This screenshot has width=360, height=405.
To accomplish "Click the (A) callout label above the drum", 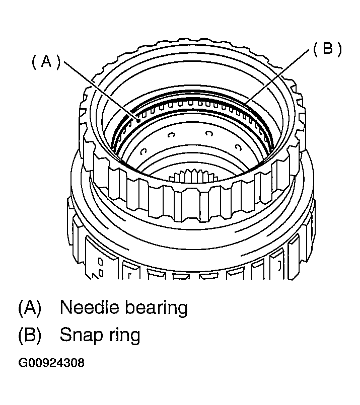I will [46, 61].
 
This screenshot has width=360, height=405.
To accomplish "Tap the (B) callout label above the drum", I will [327, 49].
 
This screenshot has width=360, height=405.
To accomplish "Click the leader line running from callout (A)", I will [101, 90].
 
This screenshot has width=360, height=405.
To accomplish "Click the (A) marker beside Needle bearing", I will [29, 307].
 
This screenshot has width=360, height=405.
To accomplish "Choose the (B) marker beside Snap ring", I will [29, 335].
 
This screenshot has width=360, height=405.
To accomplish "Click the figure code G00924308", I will [51, 363].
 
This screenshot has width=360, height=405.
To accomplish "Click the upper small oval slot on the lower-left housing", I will [101, 262].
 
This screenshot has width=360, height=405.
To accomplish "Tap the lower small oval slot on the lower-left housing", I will [101, 272].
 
